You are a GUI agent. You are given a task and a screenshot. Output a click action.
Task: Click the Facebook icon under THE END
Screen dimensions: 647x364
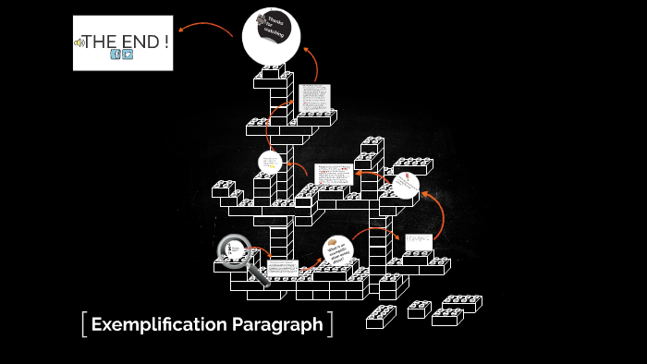[116, 54]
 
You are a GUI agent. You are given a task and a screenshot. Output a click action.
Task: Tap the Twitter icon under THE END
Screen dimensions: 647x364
[128, 54]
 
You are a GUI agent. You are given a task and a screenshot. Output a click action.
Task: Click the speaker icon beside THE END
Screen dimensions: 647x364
[79, 42]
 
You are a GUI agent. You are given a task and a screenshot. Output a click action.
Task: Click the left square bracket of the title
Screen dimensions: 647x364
[84, 324]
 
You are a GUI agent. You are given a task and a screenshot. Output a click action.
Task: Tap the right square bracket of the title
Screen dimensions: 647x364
[330, 324]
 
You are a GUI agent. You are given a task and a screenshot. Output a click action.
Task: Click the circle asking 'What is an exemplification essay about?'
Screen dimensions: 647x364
[337, 250]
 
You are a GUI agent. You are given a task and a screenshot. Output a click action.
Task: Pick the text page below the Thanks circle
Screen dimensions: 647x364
[314, 99]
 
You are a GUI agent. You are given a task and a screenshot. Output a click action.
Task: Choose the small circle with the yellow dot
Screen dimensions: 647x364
[270, 163]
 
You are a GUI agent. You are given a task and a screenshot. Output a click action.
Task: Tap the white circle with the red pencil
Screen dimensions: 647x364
[405, 186]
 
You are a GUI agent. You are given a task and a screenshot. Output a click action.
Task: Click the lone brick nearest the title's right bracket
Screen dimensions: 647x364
[381, 317]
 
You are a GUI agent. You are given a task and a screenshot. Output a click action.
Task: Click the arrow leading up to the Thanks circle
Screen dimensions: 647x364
[311, 61]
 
